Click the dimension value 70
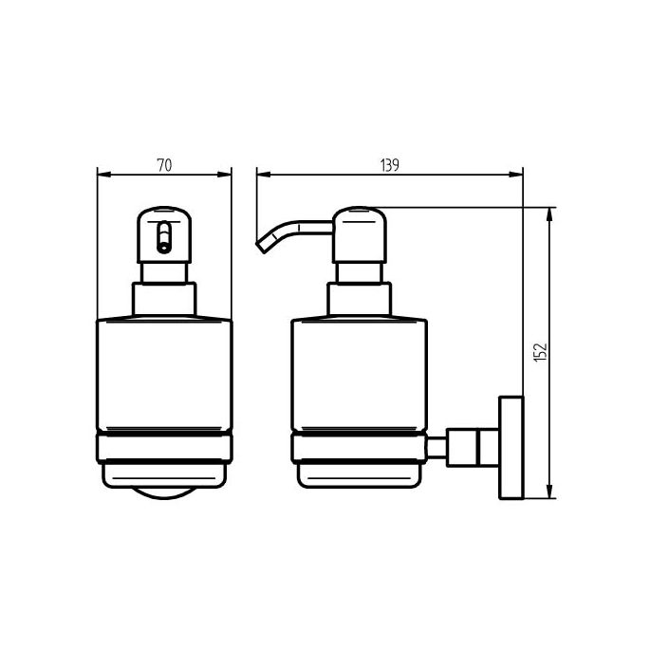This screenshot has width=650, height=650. (x=163, y=165)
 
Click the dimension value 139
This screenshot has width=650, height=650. (x=388, y=165)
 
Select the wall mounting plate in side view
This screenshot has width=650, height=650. (x=511, y=446)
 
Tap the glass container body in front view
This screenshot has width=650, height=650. (x=164, y=375)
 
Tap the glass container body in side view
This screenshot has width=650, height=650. (x=358, y=375)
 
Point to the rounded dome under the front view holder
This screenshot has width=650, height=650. (x=164, y=493)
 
